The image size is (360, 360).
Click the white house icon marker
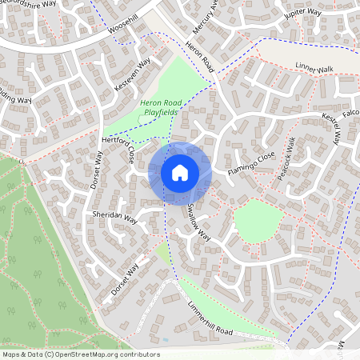coord(180,172)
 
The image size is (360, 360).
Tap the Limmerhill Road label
coord(206,322)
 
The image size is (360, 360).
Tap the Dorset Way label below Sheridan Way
coord(126,278)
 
